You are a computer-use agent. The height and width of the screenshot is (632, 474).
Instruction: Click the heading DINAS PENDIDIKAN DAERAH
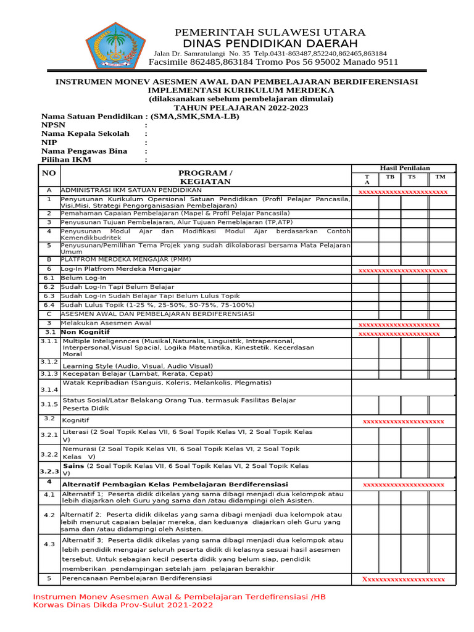coord(270,43)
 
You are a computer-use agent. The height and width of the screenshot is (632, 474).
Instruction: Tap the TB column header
coord(390,177)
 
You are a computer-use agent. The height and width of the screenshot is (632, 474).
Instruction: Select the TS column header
coord(412,177)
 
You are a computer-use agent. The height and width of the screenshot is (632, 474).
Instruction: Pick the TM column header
coord(440,177)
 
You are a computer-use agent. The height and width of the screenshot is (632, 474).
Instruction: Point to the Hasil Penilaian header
coord(405,168)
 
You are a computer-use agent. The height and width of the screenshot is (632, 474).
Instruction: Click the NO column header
coord(49,173)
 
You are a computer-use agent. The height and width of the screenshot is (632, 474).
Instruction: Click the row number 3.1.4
coord(50,390)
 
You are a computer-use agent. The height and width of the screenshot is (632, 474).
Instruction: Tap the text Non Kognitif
coord(81,332)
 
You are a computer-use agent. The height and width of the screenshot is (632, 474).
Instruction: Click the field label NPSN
coord(53,125)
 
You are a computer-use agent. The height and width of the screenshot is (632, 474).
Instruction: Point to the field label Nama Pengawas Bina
coord(84,151)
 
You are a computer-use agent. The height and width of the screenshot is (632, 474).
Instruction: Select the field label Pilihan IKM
coord(66,160)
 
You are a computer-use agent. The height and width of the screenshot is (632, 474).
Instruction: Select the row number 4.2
coord(49,515)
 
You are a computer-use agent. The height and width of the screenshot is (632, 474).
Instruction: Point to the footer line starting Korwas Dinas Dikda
coord(123,605)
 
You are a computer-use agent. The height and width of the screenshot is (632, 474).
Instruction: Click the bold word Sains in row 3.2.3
coord(73,466)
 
